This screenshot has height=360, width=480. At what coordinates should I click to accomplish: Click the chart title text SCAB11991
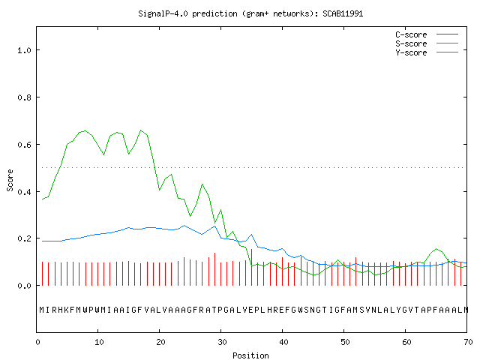(343, 13)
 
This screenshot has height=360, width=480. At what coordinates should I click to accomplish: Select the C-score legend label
(411, 34)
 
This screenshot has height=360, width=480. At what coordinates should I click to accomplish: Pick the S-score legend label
(411, 43)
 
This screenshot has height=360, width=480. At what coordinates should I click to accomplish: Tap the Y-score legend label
(411, 52)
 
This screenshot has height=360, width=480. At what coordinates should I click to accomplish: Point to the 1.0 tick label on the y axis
(24, 50)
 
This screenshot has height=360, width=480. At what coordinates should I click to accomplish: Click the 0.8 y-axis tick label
(24, 97)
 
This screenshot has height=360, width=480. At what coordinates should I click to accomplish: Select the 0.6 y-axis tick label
(24, 145)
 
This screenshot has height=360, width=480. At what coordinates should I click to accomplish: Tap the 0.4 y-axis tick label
(24, 192)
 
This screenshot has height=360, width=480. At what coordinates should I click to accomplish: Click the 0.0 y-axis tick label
(24, 286)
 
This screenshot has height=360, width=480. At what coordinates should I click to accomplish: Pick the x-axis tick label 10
(98, 342)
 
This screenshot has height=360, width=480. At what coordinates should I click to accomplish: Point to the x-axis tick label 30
(222, 342)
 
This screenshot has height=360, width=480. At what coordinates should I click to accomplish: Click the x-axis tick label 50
(345, 342)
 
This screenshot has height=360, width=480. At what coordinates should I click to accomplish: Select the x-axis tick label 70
(468, 342)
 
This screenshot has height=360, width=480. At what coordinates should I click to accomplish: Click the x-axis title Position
(250, 355)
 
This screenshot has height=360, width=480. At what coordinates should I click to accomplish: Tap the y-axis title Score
(10, 180)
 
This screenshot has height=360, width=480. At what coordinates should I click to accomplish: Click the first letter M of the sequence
(42, 310)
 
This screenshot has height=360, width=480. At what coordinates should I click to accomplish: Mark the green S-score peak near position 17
(141, 130)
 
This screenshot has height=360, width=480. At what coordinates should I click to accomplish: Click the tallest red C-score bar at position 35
(252, 267)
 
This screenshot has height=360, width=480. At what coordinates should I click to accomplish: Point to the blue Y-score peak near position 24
(184, 226)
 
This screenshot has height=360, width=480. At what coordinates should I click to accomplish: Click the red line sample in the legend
(447, 34)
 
